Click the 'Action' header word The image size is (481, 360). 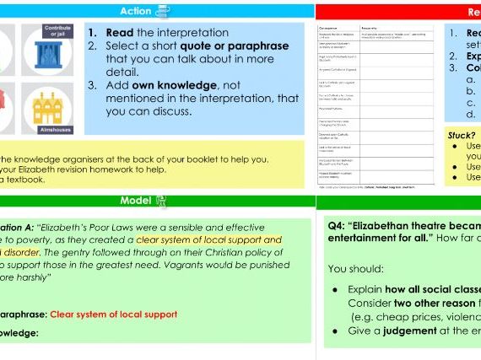pos(135,11)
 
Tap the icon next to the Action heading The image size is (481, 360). pos(162,11)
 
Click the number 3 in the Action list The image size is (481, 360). pos(92,85)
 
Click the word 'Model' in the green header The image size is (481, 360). pos(136,201)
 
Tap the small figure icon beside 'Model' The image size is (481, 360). pos(161,201)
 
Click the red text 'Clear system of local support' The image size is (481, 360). pos(114,314)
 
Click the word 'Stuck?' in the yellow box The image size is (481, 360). pos(462,135)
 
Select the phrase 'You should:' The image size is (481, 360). pos(355,268)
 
